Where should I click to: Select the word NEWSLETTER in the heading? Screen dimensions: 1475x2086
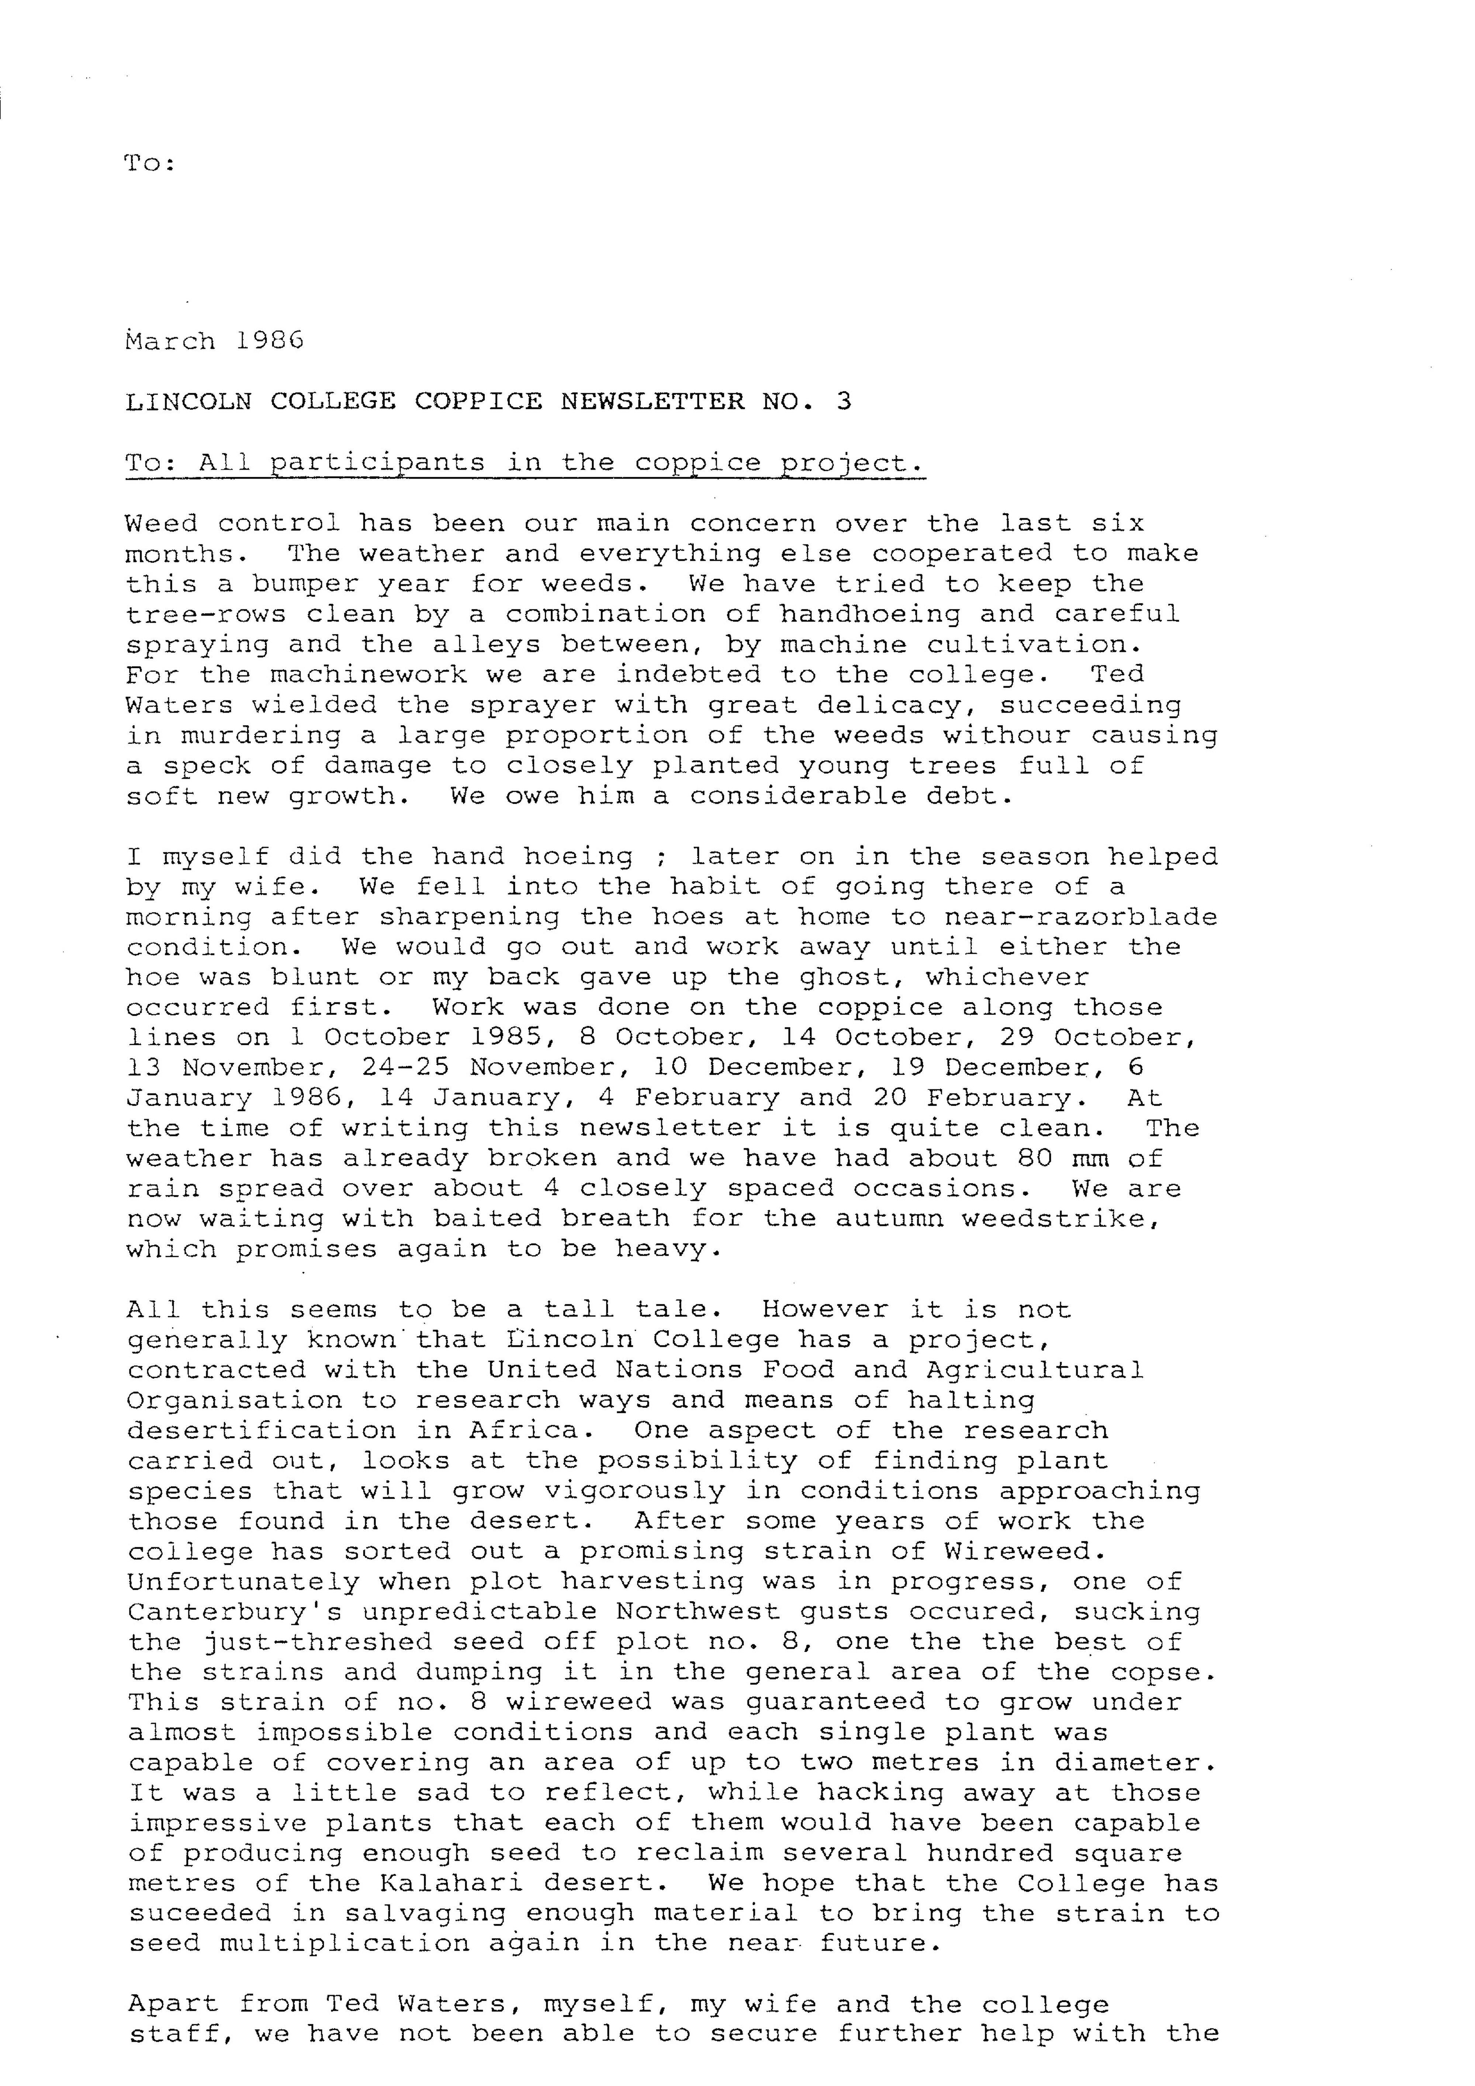click(652, 402)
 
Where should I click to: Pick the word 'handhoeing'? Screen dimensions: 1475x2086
click(869, 614)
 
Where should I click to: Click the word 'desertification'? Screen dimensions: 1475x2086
click(262, 1431)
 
